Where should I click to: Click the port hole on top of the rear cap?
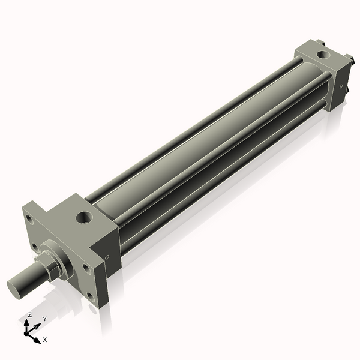click(324, 55)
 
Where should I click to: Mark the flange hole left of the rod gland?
click(36, 246)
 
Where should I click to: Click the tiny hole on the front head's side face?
click(107, 257)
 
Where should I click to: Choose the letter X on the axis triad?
click(45, 340)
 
